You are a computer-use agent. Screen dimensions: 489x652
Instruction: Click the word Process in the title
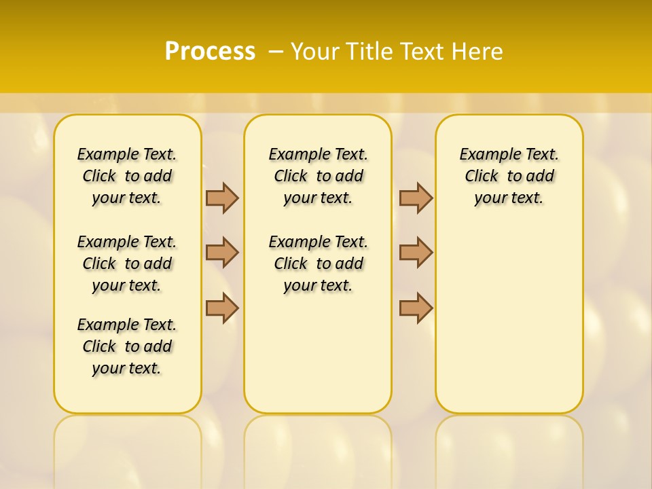point(210,51)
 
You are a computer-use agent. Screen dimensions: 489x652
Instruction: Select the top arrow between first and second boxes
point(222,198)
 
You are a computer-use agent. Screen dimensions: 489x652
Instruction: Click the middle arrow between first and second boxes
point(222,253)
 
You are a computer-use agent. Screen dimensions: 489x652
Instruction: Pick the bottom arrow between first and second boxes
point(222,308)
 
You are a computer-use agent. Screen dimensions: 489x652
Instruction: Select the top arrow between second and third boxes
point(416,198)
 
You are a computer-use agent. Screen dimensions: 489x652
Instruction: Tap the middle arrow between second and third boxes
point(416,253)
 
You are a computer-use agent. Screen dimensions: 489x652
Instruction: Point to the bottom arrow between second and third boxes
point(416,308)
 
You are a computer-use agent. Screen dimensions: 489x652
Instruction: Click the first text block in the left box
point(127,176)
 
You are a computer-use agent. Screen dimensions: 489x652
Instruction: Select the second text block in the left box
point(127,264)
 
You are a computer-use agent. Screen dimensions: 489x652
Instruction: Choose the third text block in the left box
point(127,346)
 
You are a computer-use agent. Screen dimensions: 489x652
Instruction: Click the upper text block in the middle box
point(318,176)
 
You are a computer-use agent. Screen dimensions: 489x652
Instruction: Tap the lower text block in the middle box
point(318,264)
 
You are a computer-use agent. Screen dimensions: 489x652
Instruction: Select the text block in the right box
point(509,176)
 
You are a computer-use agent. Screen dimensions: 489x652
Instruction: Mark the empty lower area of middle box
point(318,353)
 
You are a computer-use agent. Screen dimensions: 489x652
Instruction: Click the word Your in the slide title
point(315,52)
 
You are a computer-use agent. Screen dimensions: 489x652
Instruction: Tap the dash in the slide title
point(276,52)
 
